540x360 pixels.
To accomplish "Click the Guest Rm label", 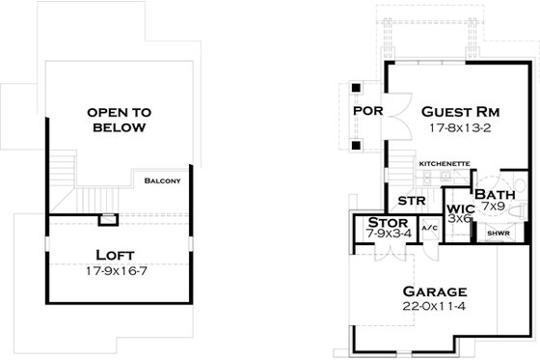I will pos(458,109).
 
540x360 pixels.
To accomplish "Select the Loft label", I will pos(113,256).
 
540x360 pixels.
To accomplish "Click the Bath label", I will pos(494,195).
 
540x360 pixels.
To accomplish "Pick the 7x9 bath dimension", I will pos(494,207).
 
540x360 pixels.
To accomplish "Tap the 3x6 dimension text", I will pos(458,219).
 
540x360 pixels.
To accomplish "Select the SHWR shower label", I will pos(498,233).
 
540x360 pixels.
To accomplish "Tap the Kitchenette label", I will pos(445,164).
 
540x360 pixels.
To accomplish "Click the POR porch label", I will pos(368,110).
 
